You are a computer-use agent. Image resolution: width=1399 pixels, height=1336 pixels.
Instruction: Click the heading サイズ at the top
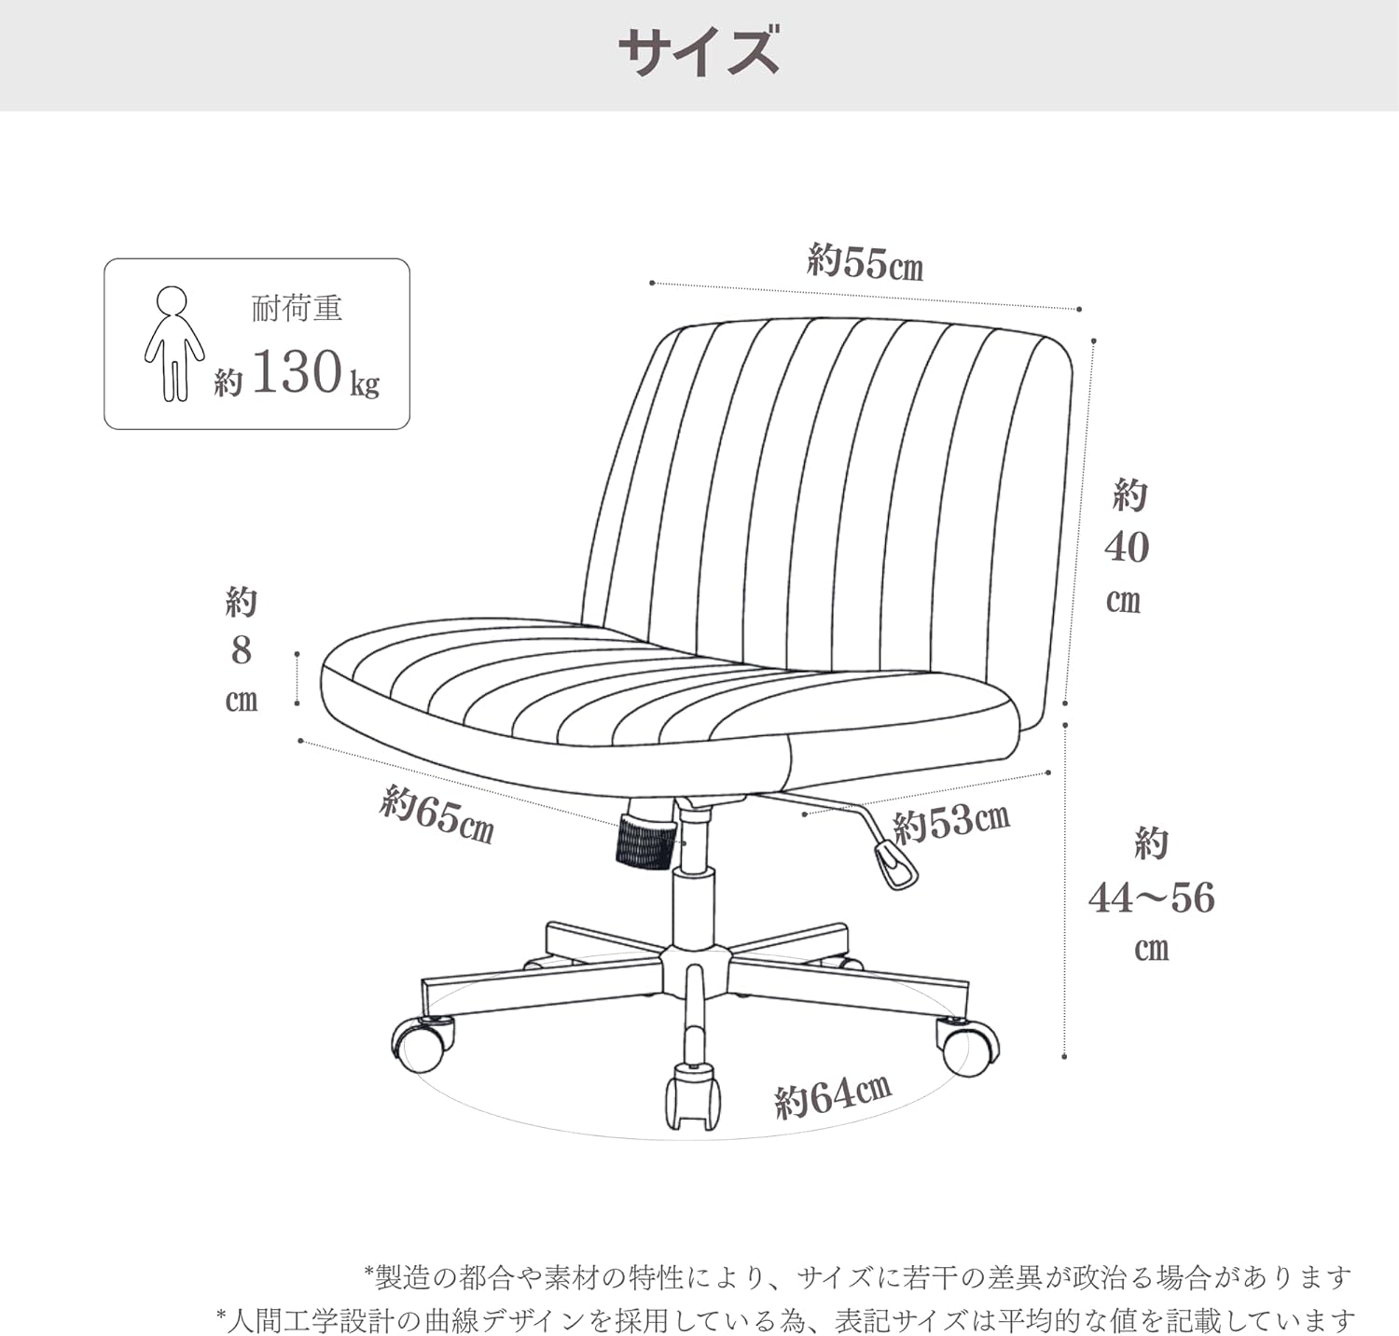tap(699, 52)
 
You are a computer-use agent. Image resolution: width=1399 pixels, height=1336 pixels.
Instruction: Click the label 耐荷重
tap(298, 308)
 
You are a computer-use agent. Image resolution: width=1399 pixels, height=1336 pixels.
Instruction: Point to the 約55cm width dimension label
tap(866, 263)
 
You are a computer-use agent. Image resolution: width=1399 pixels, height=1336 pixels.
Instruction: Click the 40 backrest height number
tap(1127, 547)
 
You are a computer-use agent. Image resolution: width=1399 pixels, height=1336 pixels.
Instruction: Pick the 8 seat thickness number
tap(242, 650)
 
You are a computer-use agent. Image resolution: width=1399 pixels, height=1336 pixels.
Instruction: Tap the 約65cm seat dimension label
tap(436, 814)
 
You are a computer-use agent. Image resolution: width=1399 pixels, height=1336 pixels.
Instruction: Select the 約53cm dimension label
tap(951, 822)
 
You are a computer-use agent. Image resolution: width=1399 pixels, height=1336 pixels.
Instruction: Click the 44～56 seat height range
tap(1152, 898)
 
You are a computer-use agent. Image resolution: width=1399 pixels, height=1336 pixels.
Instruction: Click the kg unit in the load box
tap(365, 384)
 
